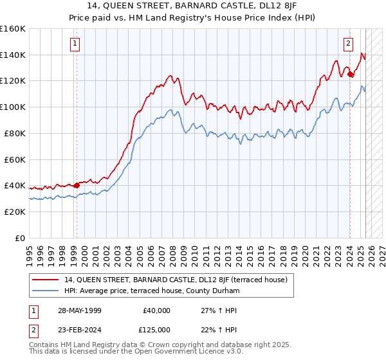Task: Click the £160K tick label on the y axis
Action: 13,29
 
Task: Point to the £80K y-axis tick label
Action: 15,133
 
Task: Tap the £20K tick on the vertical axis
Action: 15,212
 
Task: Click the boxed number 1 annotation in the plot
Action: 75,44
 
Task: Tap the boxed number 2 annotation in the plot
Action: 348,44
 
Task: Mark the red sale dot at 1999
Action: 77,185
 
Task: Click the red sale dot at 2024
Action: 350,75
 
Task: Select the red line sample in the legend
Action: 46,280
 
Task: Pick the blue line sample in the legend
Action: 46,291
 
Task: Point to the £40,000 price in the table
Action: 156,310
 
